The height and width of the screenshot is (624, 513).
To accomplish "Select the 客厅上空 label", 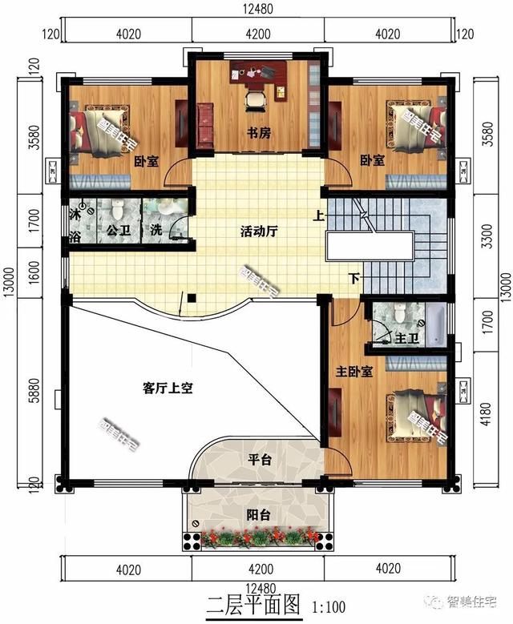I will click(168, 388).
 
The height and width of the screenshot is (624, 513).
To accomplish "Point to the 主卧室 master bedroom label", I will click(353, 372).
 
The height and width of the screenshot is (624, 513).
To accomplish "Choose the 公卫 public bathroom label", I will click(118, 231).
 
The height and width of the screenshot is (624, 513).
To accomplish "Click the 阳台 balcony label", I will click(258, 513).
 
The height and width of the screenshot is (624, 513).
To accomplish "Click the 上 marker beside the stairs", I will click(318, 215).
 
